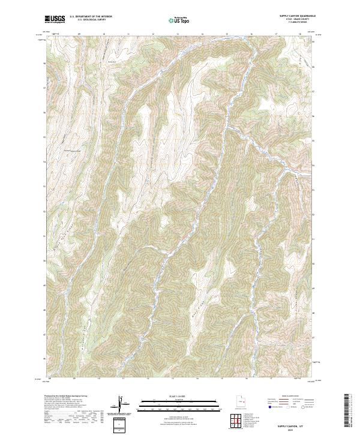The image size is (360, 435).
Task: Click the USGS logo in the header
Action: [55, 20]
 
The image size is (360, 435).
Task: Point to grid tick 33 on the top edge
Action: [178, 34]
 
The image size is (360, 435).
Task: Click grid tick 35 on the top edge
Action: [227, 34]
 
